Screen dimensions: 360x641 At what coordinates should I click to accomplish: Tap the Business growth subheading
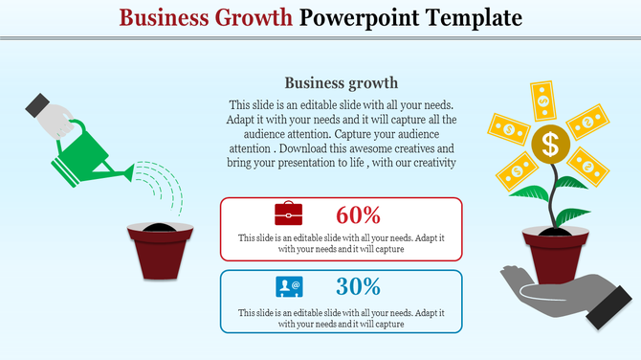coord(342,82)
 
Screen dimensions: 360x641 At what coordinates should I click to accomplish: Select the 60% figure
coord(359,214)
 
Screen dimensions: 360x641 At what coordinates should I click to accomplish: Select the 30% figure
coord(359,286)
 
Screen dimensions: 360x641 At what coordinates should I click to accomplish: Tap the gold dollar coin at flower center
coord(550,145)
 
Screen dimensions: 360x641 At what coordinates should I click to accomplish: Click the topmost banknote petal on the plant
coord(543,99)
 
